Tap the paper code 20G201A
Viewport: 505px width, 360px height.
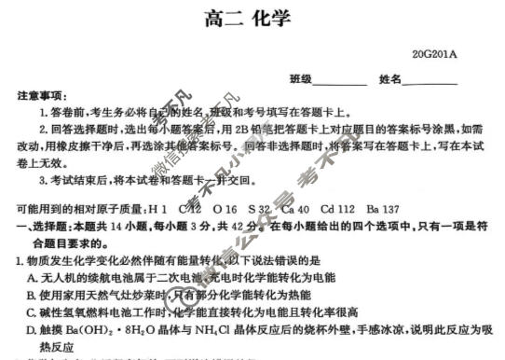pos(432,55)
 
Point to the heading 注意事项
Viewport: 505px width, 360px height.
pos(40,97)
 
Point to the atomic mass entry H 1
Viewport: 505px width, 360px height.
pos(157,208)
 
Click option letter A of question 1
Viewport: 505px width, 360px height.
pos(32,277)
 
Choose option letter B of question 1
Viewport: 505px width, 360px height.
pos(32,294)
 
